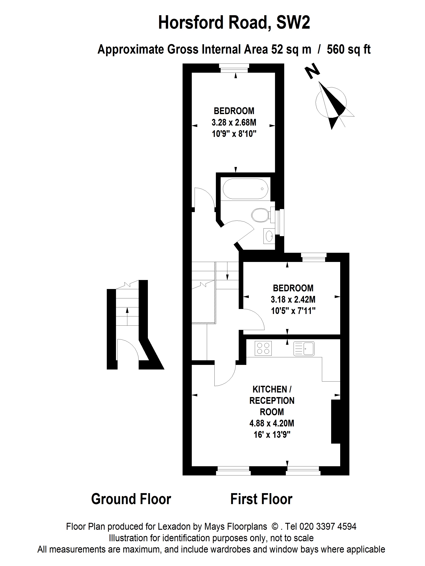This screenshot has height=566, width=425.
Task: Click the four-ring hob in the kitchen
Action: (263, 348)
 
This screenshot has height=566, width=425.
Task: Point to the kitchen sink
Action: (304, 348)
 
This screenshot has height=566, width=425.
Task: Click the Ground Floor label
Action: (131, 499)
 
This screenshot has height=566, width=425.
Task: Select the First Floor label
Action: (261, 499)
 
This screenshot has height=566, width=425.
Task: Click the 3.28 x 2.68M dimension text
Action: (234, 123)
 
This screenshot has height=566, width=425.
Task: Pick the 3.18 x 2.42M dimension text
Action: (293, 299)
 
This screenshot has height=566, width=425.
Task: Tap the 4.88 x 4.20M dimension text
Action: (272, 423)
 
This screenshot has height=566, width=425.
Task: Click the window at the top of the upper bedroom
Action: (234, 68)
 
